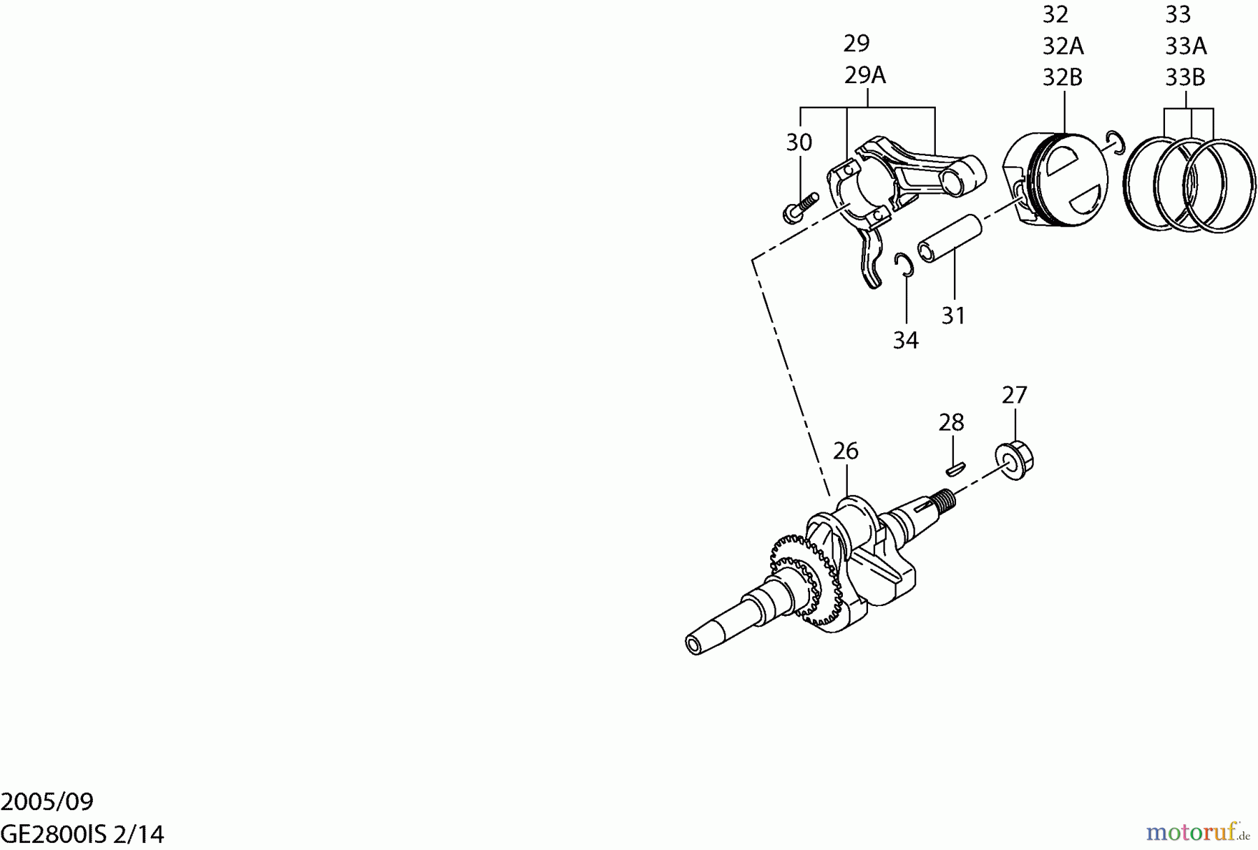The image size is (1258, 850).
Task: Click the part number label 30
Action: tap(799, 143)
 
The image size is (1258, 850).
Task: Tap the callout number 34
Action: tap(906, 340)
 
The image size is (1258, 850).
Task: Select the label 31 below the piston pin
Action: tap(953, 316)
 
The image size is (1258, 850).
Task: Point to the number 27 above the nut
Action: tap(1014, 396)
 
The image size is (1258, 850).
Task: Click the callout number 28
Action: tap(951, 423)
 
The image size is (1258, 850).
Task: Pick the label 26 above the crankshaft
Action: tap(846, 452)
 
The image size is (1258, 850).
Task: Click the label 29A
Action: tap(865, 75)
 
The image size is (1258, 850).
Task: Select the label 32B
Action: tap(1062, 78)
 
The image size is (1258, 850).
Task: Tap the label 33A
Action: tap(1185, 47)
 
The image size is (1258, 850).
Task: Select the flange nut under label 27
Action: tap(1015, 460)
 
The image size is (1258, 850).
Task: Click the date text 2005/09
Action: tap(47, 801)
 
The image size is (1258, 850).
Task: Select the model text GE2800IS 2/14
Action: tap(82, 834)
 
